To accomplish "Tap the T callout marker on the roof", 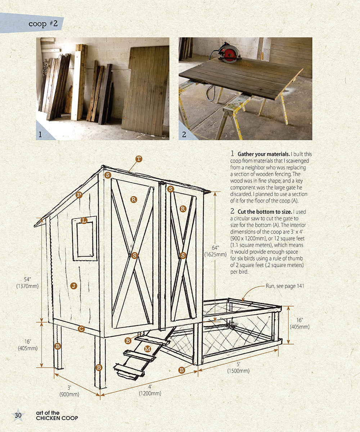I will pos(139,159).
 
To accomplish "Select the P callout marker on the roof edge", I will pos(79,195).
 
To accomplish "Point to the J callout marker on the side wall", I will pos(74,286).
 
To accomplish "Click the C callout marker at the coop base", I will pos(81,329).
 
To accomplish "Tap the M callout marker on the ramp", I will pos(147,349).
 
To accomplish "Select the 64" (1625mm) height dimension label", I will pos(215,251).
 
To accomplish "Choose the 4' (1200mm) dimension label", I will pos(150,390).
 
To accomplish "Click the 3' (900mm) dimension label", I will pos(69,391).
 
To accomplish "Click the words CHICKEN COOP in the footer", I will pos(57,418).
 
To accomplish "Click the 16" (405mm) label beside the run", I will pos(300,324).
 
